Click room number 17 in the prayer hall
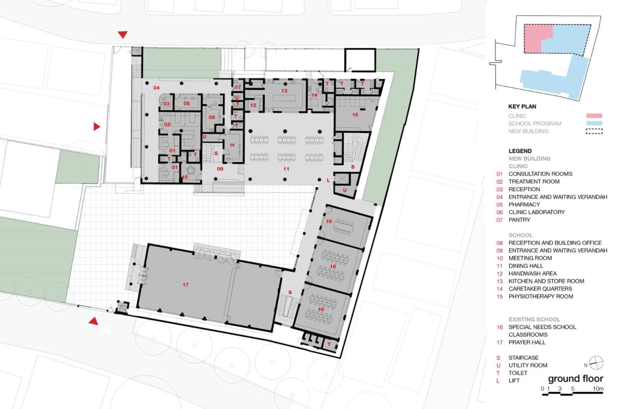(185, 285)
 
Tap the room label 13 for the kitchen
(284, 91)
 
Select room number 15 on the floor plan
(355, 114)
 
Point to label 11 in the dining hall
(286, 169)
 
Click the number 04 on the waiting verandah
(156, 88)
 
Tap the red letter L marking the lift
(328, 180)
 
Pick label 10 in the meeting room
(185, 177)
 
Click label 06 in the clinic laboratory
(211, 117)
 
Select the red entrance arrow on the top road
(123, 35)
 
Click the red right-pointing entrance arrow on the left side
(97, 126)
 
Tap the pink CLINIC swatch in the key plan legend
(594, 116)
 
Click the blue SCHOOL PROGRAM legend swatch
(594, 123)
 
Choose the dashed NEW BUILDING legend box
(594, 132)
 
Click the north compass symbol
(596, 363)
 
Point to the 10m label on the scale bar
(598, 389)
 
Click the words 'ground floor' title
(576, 379)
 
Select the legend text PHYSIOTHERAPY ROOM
(541, 296)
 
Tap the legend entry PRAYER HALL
(527, 342)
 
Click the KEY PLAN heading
(522, 107)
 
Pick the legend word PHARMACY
(524, 204)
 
